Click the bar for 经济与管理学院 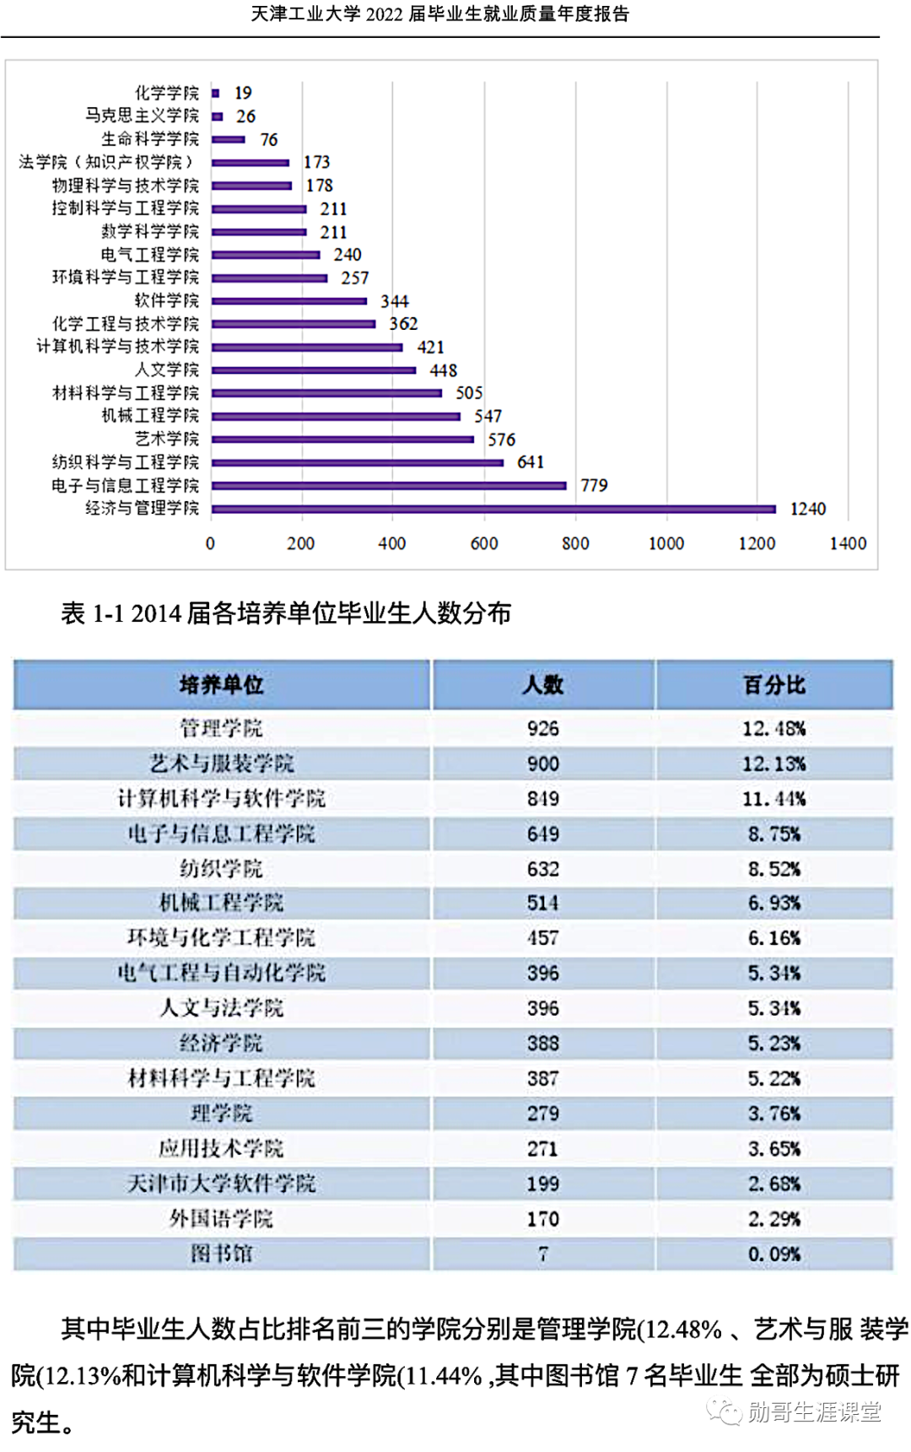(x=493, y=509)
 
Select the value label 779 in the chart (x=594, y=485)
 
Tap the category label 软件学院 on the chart (x=167, y=300)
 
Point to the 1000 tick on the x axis (x=666, y=543)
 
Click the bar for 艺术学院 (x=342, y=439)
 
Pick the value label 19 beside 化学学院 (x=243, y=93)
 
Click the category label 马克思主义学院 (x=142, y=116)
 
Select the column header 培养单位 (x=221, y=684)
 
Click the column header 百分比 (x=774, y=684)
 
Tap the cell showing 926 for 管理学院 (x=542, y=728)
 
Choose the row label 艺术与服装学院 (x=221, y=764)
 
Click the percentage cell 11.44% (x=774, y=798)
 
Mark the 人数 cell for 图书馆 (x=542, y=1254)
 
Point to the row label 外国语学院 (x=221, y=1218)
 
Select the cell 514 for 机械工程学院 (x=542, y=903)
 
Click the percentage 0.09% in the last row (x=774, y=1254)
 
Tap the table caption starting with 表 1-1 (x=285, y=613)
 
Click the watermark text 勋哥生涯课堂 (x=813, y=1412)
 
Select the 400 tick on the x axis (x=391, y=543)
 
